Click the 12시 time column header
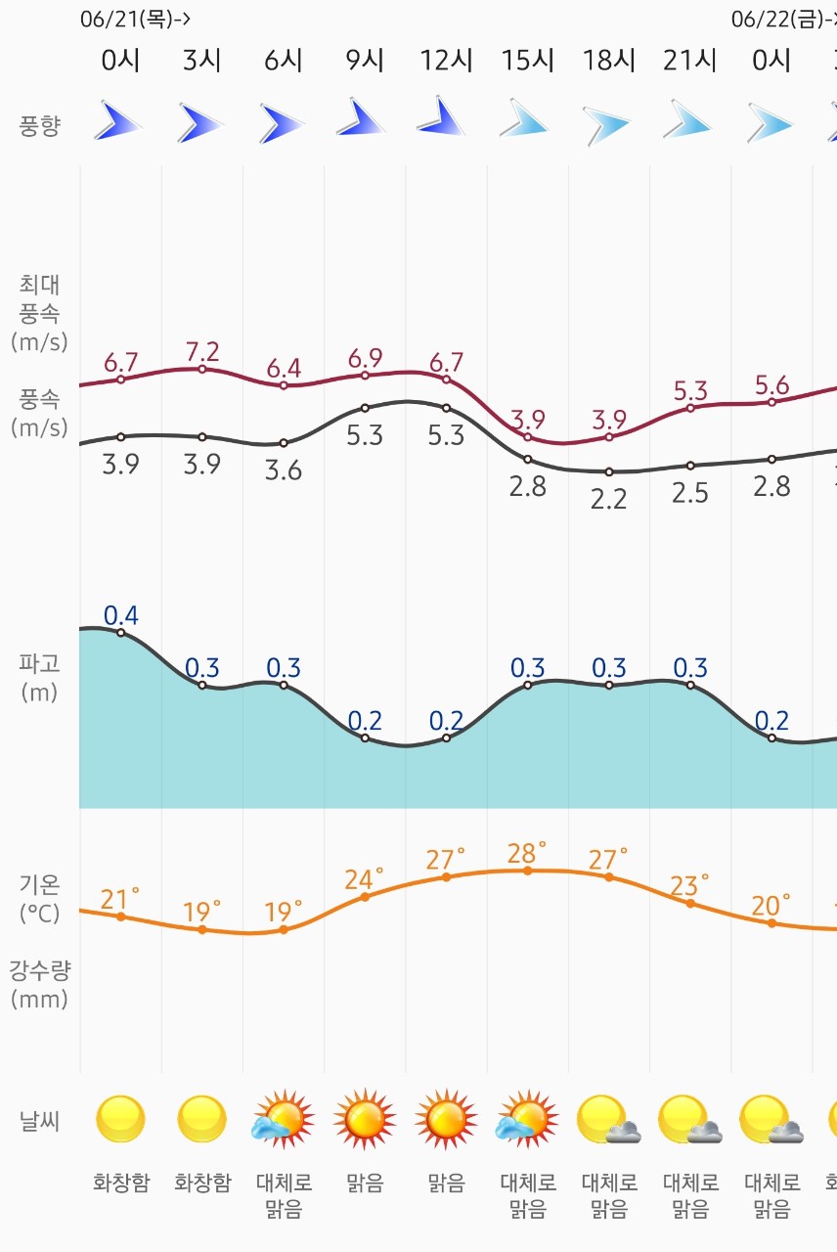446,61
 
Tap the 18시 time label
609,61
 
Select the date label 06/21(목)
134,19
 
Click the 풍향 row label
39,125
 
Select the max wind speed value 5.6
771,384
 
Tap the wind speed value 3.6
284,470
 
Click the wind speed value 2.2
609,499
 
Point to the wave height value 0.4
120,615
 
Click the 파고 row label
39,678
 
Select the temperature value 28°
527,852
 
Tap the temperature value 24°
365,878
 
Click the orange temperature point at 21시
690,903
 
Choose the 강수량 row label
39,985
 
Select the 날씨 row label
39,1121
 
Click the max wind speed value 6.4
284,369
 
